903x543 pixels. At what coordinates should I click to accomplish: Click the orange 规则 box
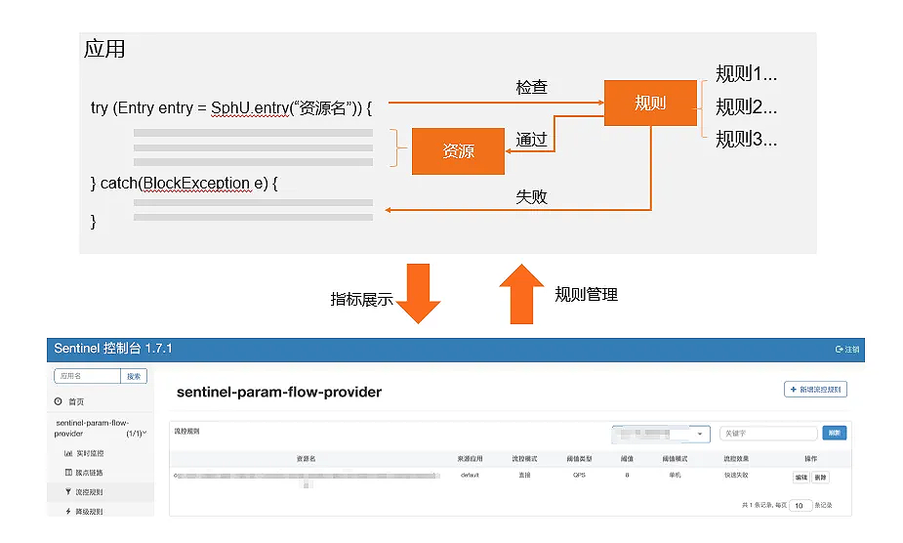click(x=649, y=103)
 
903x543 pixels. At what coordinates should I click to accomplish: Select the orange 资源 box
click(x=458, y=151)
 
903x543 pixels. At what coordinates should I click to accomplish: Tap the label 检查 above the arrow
click(x=531, y=87)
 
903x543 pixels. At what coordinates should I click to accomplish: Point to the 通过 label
click(x=531, y=140)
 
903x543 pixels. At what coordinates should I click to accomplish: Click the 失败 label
click(x=531, y=197)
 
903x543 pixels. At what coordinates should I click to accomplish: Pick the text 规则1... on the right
click(x=746, y=74)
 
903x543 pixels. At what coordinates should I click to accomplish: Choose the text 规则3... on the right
click(x=746, y=139)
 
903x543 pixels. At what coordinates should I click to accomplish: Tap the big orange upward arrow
click(x=520, y=293)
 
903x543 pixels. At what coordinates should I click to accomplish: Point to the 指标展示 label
click(x=361, y=300)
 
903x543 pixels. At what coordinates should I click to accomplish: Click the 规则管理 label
click(x=586, y=294)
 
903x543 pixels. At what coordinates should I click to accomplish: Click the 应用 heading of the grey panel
click(x=104, y=49)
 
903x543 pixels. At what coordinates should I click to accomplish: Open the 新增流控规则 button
click(x=815, y=390)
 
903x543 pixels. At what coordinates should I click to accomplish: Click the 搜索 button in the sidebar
click(x=134, y=376)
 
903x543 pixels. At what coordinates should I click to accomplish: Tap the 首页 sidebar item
click(x=76, y=401)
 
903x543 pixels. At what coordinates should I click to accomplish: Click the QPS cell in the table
click(x=580, y=476)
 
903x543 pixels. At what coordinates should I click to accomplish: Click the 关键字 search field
click(x=767, y=433)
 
